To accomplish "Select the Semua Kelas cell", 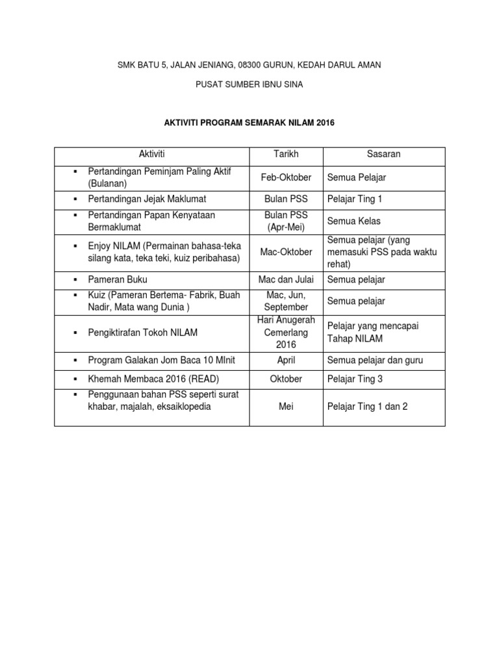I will tap(354, 221).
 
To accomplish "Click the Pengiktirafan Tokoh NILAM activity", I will tap(142, 332).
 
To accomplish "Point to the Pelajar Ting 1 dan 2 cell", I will tap(368, 407).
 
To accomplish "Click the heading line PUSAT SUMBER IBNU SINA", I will tap(249, 84).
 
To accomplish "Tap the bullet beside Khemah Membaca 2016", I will tap(76, 379).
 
